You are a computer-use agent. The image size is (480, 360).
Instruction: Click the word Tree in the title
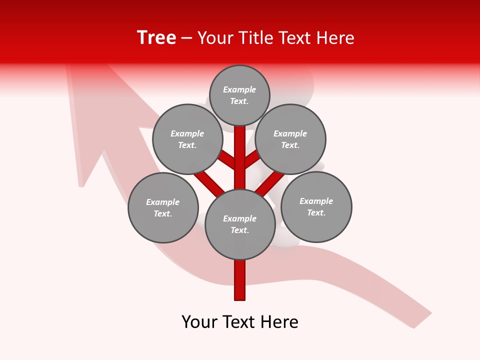(x=156, y=37)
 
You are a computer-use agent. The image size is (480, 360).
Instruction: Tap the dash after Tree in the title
(x=186, y=38)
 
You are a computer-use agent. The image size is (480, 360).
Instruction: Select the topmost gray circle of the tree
(x=239, y=95)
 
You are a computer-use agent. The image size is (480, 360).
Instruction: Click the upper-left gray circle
(x=187, y=139)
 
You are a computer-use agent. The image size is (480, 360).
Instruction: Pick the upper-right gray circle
(x=290, y=139)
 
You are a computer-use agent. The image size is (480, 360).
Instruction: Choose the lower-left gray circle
(x=163, y=207)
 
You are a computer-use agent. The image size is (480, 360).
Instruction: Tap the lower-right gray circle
(x=316, y=206)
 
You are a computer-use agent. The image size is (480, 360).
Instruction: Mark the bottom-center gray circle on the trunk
(x=240, y=224)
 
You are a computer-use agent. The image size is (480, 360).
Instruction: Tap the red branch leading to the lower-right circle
(x=270, y=182)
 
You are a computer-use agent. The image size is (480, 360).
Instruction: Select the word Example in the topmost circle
(x=239, y=89)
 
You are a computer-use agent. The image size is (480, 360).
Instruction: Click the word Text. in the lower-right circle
(x=316, y=212)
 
